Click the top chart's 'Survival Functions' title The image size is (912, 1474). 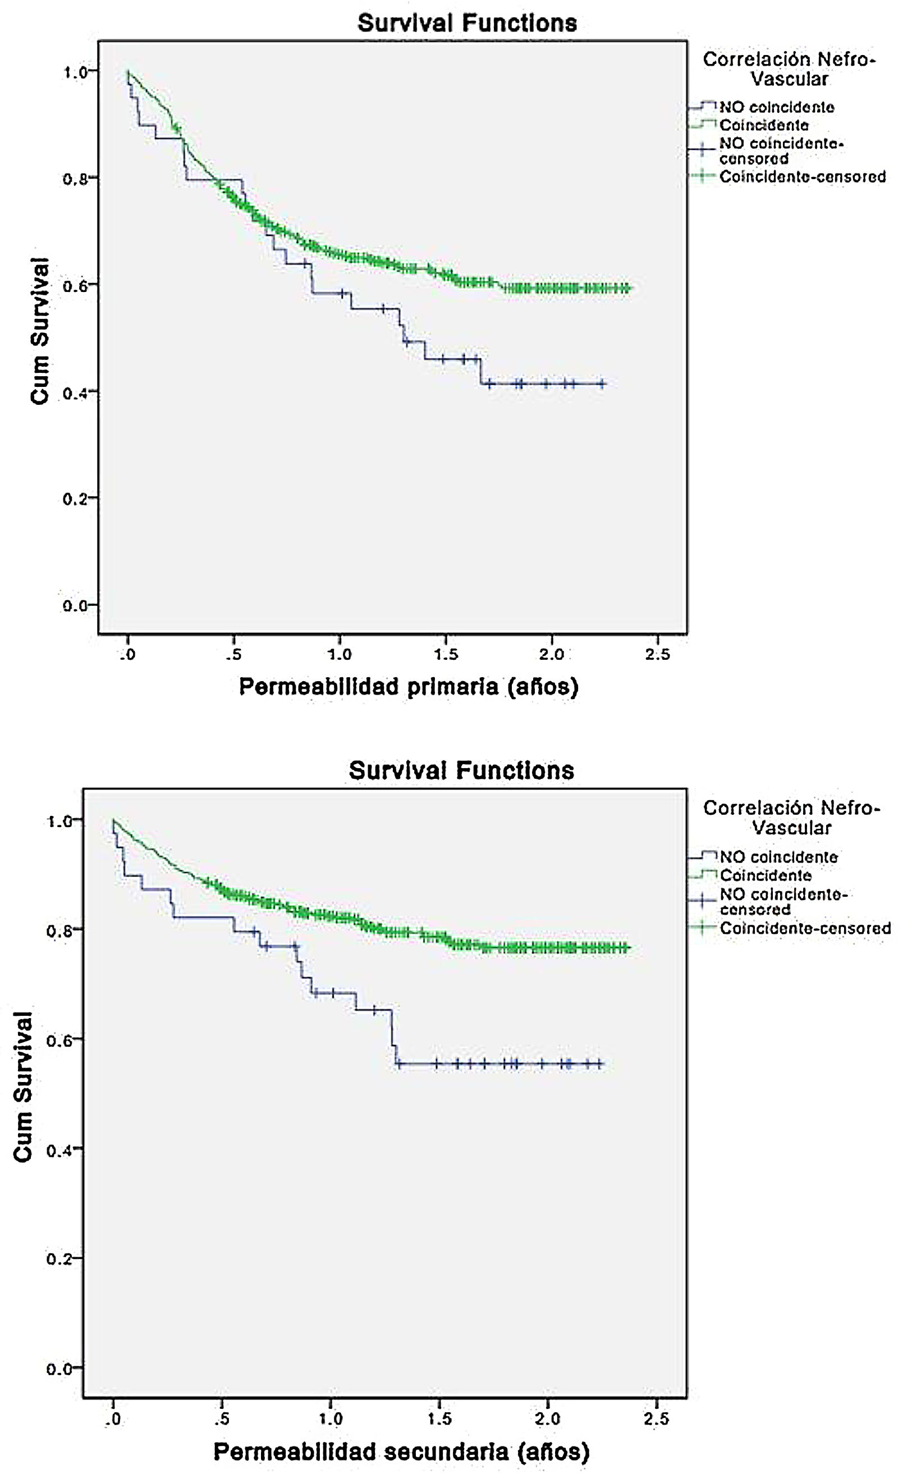[x=467, y=23]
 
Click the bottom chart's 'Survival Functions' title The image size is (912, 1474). [x=461, y=770]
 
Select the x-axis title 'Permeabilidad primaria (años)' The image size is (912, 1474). [x=409, y=687]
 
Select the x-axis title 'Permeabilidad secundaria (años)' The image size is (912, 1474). [x=401, y=1452]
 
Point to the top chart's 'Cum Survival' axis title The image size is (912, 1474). [x=40, y=331]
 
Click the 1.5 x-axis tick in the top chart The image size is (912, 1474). [x=446, y=655]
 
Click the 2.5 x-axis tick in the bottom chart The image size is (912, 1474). [x=656, y=1419]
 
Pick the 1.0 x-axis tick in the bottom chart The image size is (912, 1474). [x=331, y=1419]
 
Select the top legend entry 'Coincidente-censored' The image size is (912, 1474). [x=802, y=177]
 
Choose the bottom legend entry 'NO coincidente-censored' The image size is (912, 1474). [x=783, y=901]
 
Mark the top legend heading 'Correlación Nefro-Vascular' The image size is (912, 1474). [x=789, y=69]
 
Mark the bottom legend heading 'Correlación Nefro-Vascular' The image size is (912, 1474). [x=791, y=818]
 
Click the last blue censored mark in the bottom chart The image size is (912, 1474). [x=599, y=1064]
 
